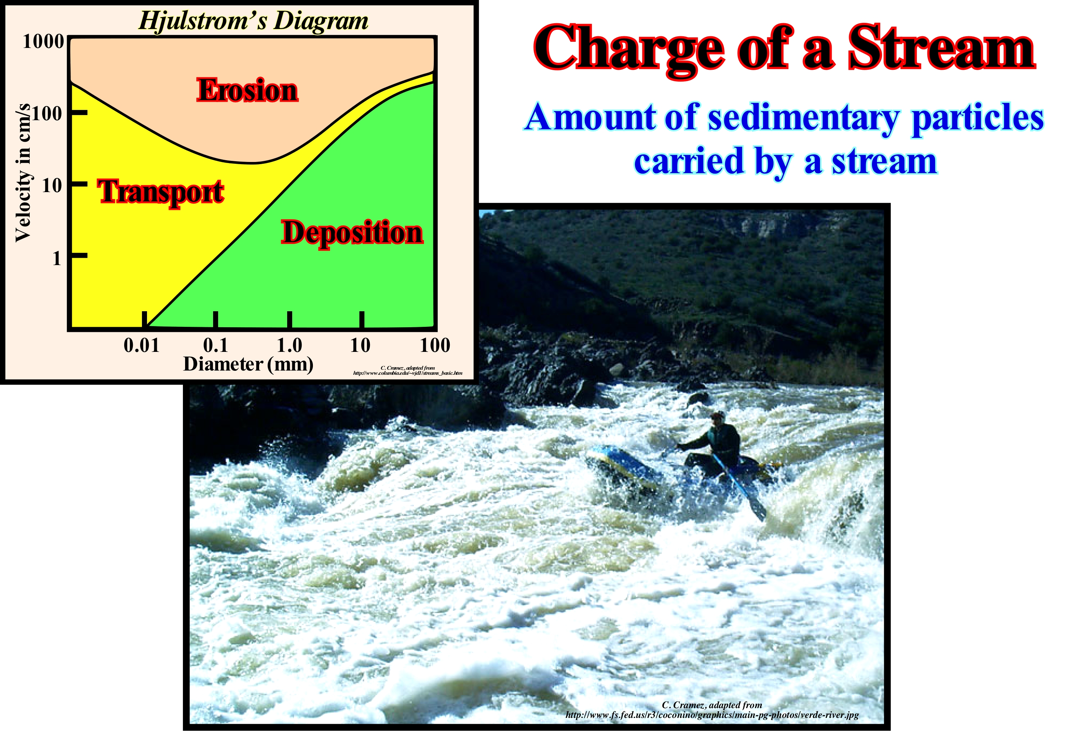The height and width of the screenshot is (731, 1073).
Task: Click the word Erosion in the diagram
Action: click(x=248, y=90)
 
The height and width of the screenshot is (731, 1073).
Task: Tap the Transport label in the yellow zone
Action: click(x=161, y=192)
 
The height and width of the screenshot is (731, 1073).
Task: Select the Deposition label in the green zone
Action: click(x=352, y=233)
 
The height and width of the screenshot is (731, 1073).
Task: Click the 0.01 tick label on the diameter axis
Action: click(x=141, y=345)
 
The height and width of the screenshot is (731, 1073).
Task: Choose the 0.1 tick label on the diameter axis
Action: click(x=216, y=345)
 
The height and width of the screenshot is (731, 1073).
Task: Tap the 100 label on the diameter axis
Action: click(x=435, y=345)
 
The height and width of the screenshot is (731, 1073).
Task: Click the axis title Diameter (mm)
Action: click(x=248, y=364)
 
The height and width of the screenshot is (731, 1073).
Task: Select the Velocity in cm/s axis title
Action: click(x=23, y=173)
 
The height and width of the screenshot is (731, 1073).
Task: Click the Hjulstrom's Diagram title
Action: click(x=253, y=21)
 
